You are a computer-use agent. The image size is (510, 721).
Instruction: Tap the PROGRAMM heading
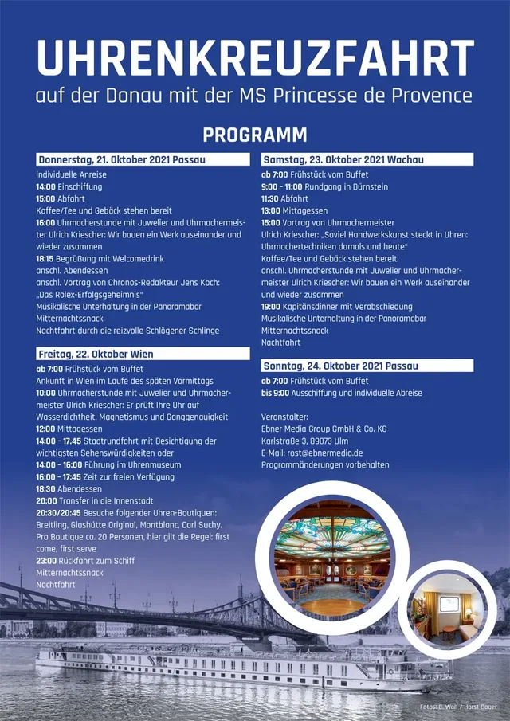point(255,135)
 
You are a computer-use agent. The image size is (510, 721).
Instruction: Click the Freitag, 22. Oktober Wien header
point(96,354)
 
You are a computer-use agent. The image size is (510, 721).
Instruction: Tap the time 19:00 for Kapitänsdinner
point(271,307)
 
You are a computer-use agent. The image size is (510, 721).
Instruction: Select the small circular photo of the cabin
point(446,609)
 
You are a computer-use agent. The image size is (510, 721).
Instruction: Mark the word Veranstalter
point(284,417)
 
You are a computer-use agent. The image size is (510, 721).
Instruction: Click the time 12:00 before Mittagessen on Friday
point(45,429)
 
